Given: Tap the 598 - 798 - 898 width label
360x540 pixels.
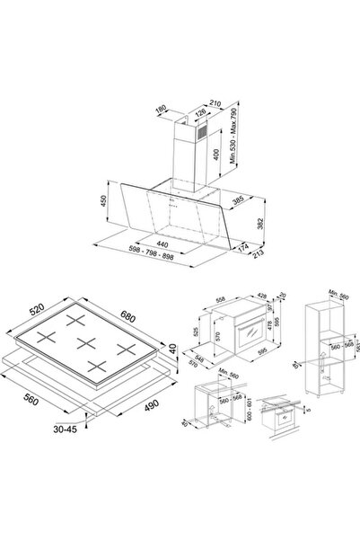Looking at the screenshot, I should point(174,258).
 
